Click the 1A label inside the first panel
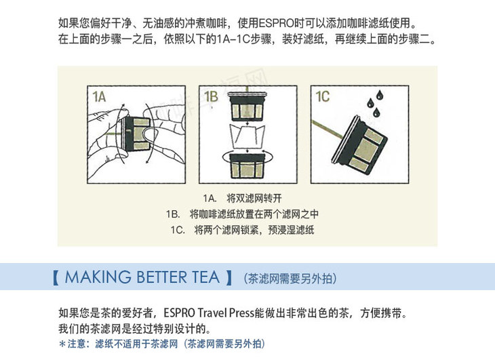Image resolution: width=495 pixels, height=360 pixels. [x=99, y=96]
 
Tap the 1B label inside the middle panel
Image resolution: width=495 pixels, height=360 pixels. [x=211, y=96]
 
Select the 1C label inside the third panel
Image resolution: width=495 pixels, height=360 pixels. [x=323, y=96]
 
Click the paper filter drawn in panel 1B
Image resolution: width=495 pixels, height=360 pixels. [x=248, y=136]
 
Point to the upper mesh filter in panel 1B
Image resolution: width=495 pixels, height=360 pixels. [x=248, y=106]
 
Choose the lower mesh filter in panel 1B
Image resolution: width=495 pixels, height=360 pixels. [x=248, y=165]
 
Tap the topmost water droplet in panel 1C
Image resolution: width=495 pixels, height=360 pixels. [x=380, y=95]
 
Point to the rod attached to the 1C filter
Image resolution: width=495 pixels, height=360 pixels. [x=327, y=129]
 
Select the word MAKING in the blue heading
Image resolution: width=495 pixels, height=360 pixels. [x=98, y=277]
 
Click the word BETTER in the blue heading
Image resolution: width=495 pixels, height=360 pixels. [x=161, y=277]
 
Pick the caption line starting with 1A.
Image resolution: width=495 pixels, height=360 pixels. [x=243, y=199]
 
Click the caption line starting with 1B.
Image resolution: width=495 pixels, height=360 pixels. [x=243, y=214]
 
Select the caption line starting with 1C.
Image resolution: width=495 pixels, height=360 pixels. [x=243, y=230]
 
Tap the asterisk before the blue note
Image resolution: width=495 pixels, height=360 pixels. [x=62, y=344]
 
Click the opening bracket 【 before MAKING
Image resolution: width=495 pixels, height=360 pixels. [x=56, y=278]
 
